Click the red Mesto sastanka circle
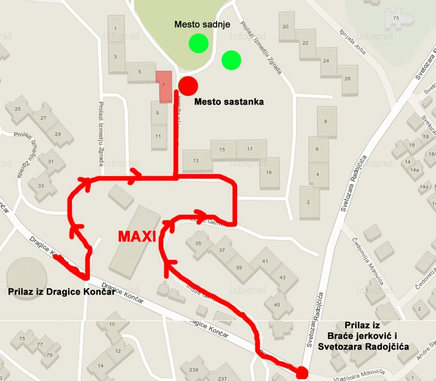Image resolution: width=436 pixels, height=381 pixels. point(188,85)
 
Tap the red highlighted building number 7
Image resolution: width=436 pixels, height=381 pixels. point(163,86)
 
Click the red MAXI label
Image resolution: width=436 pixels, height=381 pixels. point(136,236)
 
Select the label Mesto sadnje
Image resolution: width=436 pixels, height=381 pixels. point(202,24)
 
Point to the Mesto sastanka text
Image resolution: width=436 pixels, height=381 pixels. point(229,101)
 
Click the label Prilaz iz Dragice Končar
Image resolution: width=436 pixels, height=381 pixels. point(61,292)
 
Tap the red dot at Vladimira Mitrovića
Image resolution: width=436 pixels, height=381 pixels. point(302,372)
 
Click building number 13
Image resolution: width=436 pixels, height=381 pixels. point(196,161)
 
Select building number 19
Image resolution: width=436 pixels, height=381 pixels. point(269,173)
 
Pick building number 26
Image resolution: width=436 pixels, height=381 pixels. point(347,78)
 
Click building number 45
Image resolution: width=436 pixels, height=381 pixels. point(277,304)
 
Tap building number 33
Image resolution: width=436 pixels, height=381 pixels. point(41,186)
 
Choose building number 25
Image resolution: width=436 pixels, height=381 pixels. point(18,109)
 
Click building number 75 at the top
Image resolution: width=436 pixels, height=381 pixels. point(396,18)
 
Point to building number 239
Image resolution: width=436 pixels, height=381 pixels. point(194,370)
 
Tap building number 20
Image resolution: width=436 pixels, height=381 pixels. point(285,26)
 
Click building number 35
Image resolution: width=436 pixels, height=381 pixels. point(199,244)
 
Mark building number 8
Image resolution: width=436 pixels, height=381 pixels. point(326,122)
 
